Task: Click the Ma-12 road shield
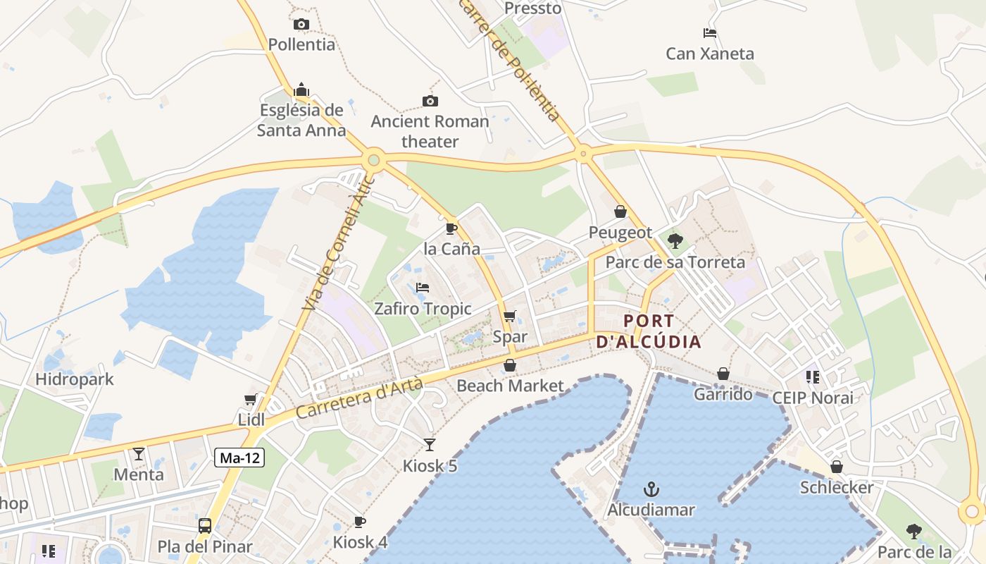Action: click(x=240, y=458)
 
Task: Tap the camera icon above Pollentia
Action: click(x=301, y=25)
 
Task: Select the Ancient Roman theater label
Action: click(x=430, y=131)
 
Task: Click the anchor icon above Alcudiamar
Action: click(x=651, y=489)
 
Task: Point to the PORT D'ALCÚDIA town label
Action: click(x=649, y=331)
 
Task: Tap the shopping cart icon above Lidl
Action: click(x=250, y=400)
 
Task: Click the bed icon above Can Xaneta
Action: click(x=710, y=33)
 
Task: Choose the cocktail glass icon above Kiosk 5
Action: click(x=430, y=445)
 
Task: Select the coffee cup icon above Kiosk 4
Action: click(x=360, y=522)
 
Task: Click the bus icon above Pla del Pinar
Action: click(x=205, y=526)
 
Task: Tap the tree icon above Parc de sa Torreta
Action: click(x=675, y=241)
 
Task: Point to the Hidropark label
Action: click(x=75, y=379)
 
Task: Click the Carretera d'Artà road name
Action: click(x=360, y=398)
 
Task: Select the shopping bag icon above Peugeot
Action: click(x=620, y=211)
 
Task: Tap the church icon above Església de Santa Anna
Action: click(x=301, y=90)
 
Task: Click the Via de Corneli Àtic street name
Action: click(x=339, y=243)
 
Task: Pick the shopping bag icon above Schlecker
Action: click(x=837, y=467)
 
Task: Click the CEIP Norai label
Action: click(x=813, y=398)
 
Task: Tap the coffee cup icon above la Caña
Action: click(x=451, y=228)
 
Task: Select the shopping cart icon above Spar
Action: click(x=510, y=316)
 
